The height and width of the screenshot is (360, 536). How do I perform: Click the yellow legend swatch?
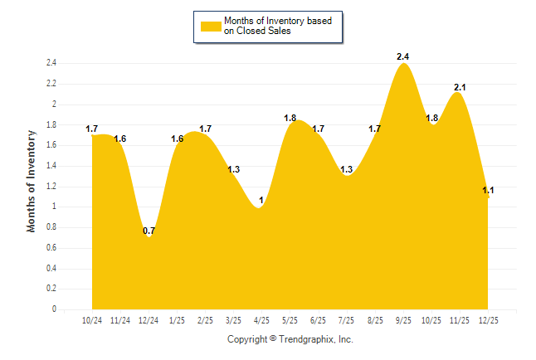tap(211, 26)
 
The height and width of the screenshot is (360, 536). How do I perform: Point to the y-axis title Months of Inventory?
tap(32, 180)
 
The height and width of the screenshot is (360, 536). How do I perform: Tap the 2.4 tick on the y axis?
tap(51, 63)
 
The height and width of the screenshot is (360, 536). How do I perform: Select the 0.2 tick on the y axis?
tap(51, 289)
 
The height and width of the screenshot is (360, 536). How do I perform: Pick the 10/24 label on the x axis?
tap(92, 319)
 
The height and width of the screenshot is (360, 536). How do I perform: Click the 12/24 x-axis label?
tap(149, 319)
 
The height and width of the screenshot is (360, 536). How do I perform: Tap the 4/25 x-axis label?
tap(261, 319)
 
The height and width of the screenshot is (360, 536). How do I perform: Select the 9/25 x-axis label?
tap(403, 319)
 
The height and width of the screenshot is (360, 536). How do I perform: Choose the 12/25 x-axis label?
tap(488, 319)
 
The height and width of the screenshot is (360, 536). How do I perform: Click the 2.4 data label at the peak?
tap(403, 56)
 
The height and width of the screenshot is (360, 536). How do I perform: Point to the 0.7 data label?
tap(149, 231)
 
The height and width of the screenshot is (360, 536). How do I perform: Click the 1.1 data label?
tap(488, 191)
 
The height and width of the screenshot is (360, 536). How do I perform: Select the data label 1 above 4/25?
tap(261, 200)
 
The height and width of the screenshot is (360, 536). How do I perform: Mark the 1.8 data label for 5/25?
tap(290, 119)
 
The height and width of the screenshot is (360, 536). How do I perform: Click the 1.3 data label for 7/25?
tap(346, 170)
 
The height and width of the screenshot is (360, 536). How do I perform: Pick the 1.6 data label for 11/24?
tap(120, 139)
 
